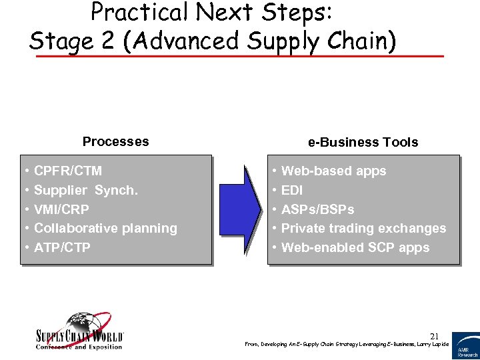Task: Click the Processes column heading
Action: (x=115, y=141)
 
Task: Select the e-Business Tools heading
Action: (x=363, y=142)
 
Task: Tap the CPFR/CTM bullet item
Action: (x=67, y=171)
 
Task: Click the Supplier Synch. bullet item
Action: (x=85, y=191)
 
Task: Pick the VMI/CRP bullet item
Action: (x=61, y=209)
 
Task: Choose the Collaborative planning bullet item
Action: (x=105, y=228)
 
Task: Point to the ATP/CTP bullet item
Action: (x=62, y=247)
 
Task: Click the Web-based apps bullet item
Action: (x=333, y=171)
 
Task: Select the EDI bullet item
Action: (x=292, y=191)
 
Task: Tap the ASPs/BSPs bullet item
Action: (x=317, y=209)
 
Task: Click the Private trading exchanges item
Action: (x=363, y=228)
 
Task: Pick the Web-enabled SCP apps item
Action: (x=355, y=247)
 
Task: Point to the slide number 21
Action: (x=434, y=335)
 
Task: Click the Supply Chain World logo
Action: (x=79, y=331)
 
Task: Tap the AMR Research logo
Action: (x=465, y=345)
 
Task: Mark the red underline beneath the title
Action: (x=239, y=56)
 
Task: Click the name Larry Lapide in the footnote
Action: (x=433, y=344)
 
